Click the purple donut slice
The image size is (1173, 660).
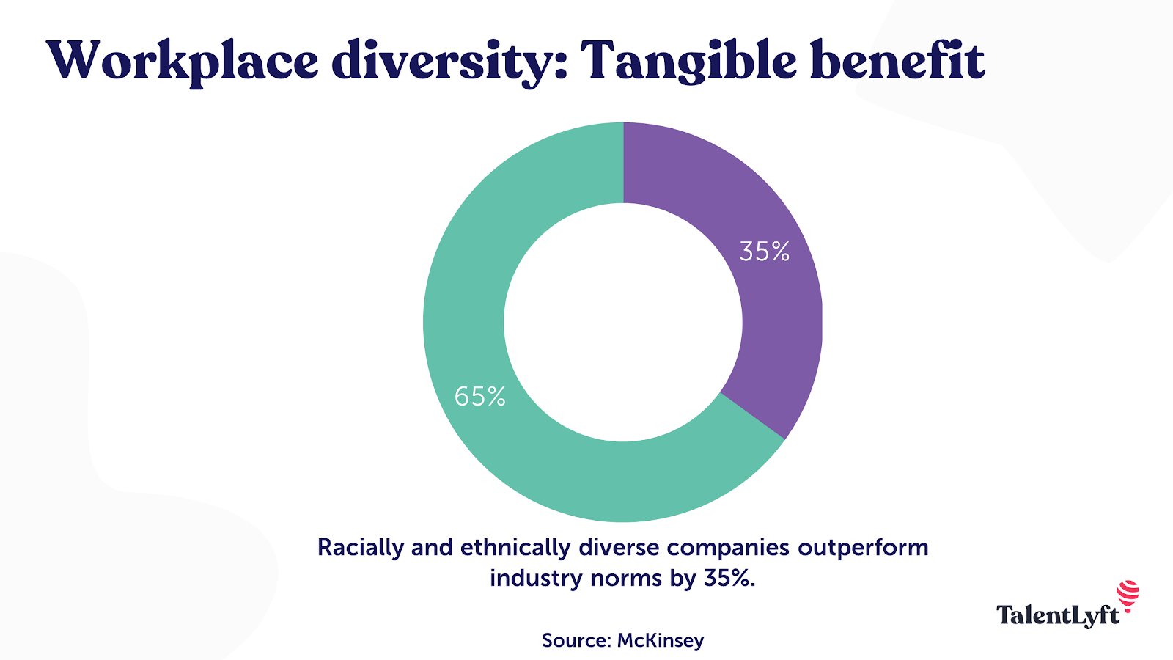(x=770, y=308)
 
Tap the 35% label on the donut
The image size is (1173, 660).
(x=764, y=252)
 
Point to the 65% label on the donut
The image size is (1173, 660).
(x=480, y=397)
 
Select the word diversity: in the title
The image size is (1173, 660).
(x=449, y=61)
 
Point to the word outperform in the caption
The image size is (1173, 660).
(x=863, y=548)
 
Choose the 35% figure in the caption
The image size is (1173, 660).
(x=729, y=579)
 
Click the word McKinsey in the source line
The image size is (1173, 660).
(x=661, y=640)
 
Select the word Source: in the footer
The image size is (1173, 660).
(x=576, y=640)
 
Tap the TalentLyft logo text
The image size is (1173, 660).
(x=1057, y=615)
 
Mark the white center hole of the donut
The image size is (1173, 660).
(x=622, y=323)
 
